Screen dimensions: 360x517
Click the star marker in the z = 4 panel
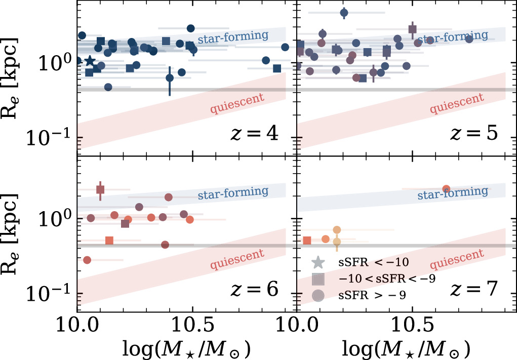tap(90, 61)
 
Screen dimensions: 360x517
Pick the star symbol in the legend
tap(317, 262)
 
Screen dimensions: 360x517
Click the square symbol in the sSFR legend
tap(317, 279)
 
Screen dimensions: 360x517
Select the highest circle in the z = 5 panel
tap(344, 13)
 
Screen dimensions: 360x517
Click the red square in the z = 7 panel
tap(306, 241)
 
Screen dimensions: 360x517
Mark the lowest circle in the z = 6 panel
tap(87, 260)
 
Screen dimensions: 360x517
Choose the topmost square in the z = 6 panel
tap(100, 189)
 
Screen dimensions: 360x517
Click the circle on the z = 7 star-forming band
tap(446, 189)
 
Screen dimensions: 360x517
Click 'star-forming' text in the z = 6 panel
tap(240, 192)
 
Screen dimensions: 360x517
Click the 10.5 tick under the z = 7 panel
tap(412, 322)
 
